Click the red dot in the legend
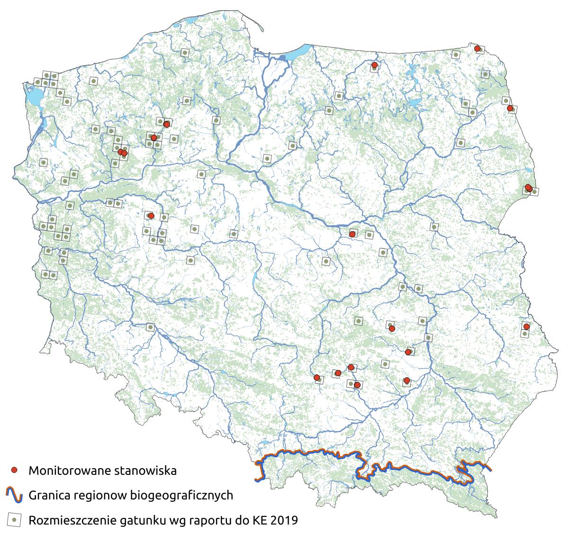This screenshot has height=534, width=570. click(15, 470)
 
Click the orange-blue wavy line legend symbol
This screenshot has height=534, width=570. click(15, 495)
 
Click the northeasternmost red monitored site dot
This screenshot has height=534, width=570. click(477, 48)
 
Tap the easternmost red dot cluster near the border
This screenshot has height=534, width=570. click(528, 188)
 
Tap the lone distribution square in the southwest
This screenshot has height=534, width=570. click(150, 327)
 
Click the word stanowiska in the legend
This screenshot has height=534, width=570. click(144, 471)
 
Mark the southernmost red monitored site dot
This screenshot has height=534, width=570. click(357, 385)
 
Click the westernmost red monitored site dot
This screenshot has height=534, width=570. click(120, 152)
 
